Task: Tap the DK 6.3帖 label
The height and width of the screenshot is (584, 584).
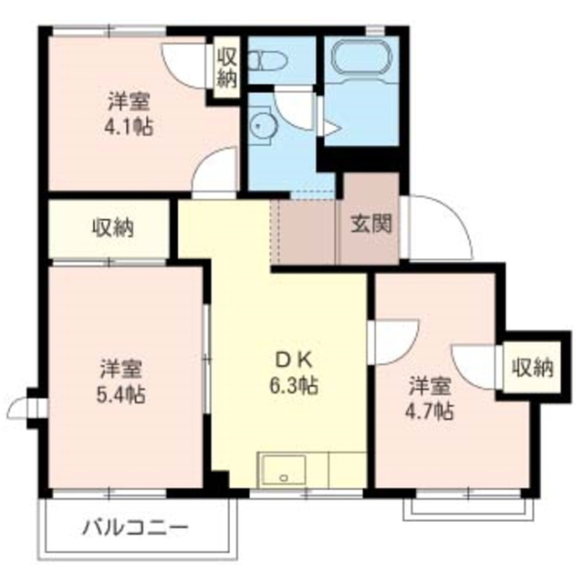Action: pos(293,373)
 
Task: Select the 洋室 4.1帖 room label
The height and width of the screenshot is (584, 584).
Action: pos(128,111)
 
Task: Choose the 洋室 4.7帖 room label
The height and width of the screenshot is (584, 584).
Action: pos(430,398)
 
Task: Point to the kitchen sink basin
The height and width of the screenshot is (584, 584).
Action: pos(285,472)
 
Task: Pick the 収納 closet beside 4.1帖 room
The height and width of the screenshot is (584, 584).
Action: pos(226,68)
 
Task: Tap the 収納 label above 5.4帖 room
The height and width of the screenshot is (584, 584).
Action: pos(112,228)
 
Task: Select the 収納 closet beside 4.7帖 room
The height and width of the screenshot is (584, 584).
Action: pos(532,368)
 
